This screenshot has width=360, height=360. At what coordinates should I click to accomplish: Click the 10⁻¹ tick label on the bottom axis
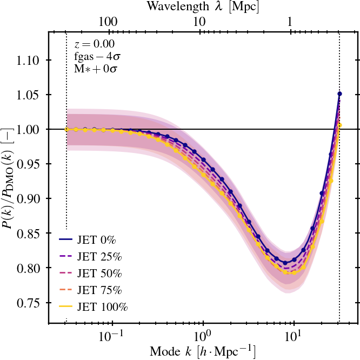(112, 336)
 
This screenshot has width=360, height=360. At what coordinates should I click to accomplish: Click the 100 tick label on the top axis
(109, 22)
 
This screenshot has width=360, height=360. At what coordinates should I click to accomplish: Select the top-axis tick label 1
(290, 22)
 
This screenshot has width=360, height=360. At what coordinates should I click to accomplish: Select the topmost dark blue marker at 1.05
(339, 94)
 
